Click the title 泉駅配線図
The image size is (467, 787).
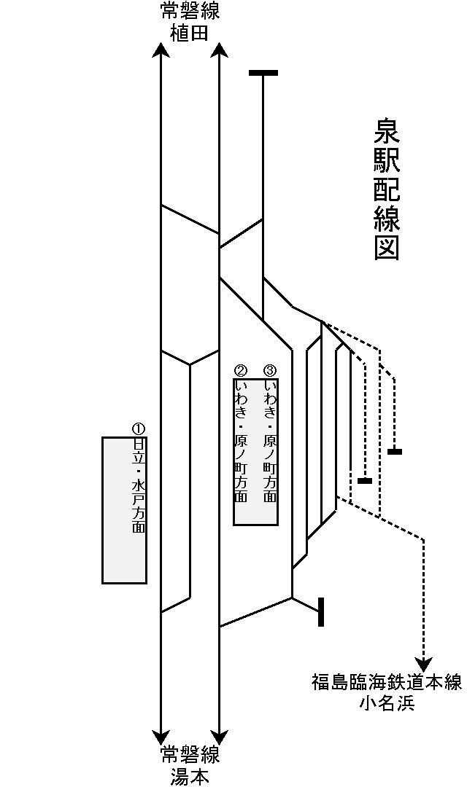[x=387, y=189]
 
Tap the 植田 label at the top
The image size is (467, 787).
[x=190, y=33]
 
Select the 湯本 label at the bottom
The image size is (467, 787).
[x=190, y=776]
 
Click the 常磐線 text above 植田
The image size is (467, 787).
[x=190, y=12]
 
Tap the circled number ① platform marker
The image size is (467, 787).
[x=139, y=428]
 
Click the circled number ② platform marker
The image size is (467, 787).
[x=241, y=370]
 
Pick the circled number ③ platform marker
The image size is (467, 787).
[x=270, y=370]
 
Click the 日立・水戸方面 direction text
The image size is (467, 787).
[x=139, y=485]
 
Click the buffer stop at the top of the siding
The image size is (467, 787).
[x=263, y=73]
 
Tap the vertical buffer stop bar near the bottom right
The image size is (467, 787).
[x=321, y=612]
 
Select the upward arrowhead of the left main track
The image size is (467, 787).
[x=161, y=50]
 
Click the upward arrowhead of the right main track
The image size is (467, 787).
[x=219, y=50]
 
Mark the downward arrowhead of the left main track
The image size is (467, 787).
[x=161, y=736]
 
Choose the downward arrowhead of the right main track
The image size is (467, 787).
[x=219, y=736]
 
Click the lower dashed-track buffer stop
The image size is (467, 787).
[x=365, y=481]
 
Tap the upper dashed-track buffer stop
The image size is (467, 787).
[x=394, y=452]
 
